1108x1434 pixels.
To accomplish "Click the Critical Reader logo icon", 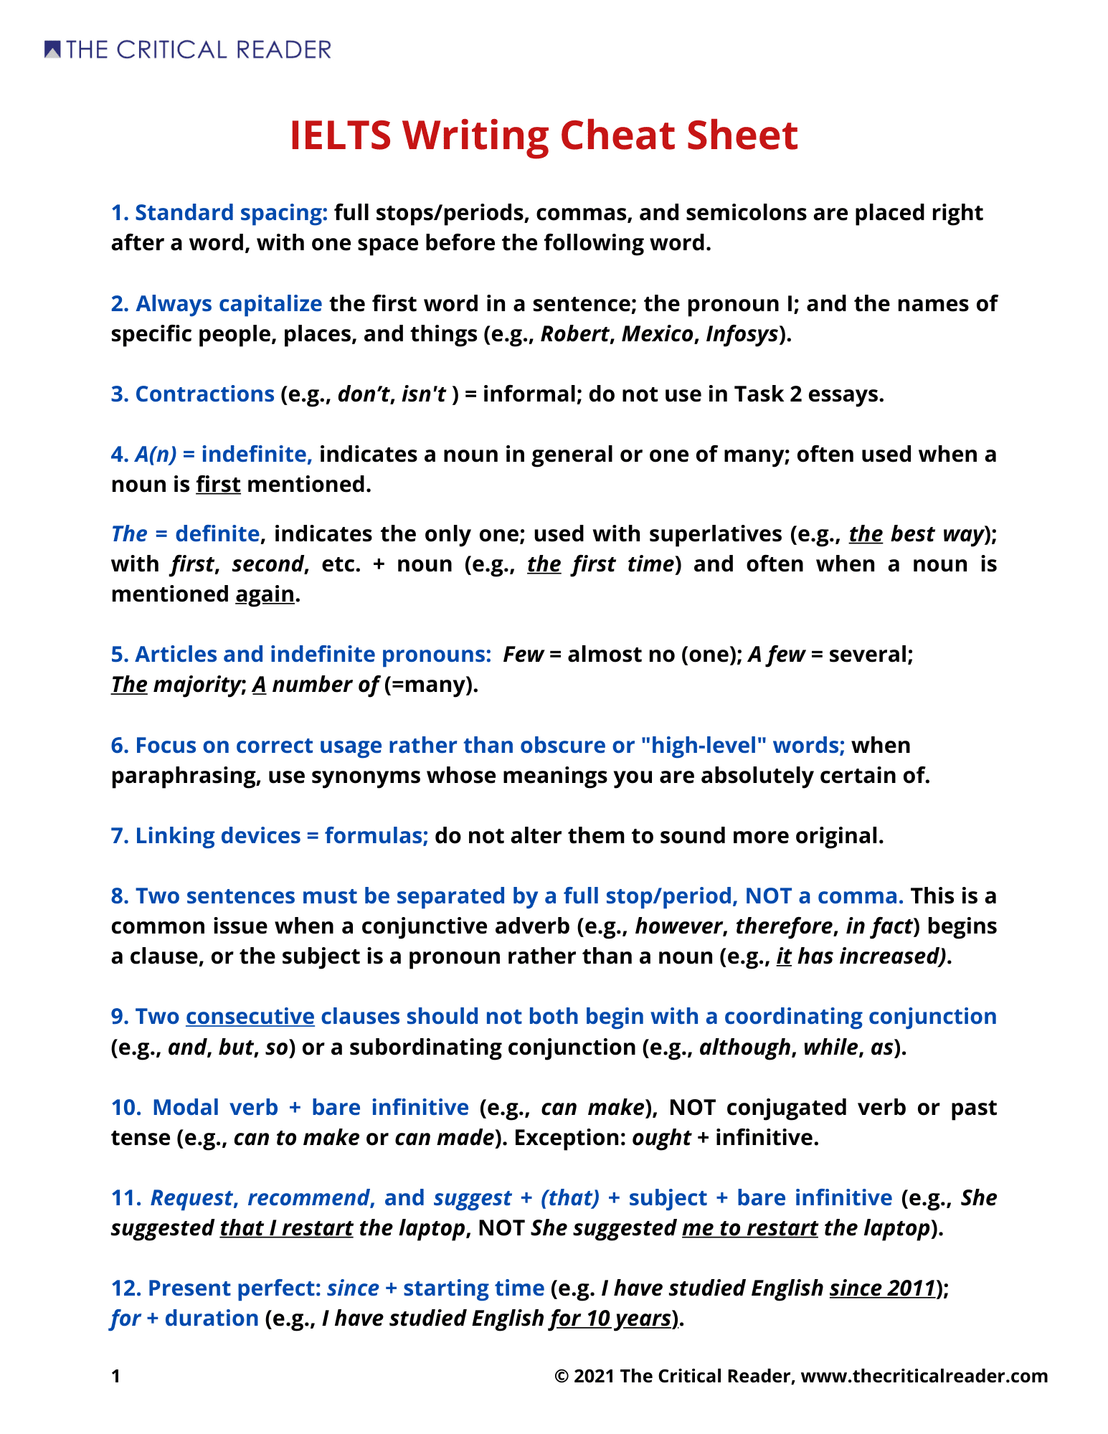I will coord(52,49).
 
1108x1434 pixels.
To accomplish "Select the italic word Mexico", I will coord(657,334).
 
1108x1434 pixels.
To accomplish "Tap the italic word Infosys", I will coord(742,334).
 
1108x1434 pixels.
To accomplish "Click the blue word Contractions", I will coord(204,394).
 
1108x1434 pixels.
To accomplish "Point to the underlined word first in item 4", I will coord(218,485).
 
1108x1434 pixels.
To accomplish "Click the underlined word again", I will coord(265,594).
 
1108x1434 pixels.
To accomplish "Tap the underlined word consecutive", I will coord(250,1017).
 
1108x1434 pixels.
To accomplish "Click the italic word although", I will coord(745,1048).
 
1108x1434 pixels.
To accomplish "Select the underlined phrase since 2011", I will coord(882,1288).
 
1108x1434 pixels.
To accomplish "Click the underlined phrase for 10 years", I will coord(610,1319).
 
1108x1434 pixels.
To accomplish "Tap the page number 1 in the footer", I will coord(116,1376).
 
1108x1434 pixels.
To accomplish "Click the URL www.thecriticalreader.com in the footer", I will coord(924,1376).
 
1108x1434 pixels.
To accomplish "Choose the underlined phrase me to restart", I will coord(749,1228).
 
